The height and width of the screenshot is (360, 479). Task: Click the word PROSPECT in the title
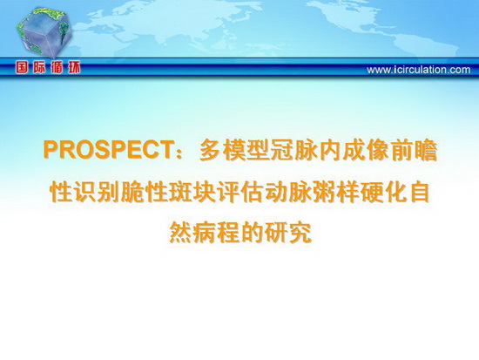point(106,150)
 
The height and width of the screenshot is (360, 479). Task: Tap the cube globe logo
point(44,31)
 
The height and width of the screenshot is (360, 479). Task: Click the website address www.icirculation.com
point(419,70)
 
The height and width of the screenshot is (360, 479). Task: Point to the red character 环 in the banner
point(74,68)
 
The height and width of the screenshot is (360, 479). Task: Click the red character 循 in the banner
point(57,68)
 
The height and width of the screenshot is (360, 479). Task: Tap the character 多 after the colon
point(211,150)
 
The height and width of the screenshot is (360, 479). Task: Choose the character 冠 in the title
point(282,150)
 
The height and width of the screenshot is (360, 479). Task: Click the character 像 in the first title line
point(378,150)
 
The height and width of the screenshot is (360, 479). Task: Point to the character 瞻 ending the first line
point(426,150)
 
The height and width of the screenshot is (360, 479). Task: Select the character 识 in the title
point(84,192)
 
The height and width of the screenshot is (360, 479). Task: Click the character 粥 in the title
point(323,192)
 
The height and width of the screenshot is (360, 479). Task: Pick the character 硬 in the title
point(371,192)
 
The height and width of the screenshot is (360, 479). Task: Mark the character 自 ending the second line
point(419,192)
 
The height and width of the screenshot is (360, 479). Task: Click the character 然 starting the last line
point(180,234)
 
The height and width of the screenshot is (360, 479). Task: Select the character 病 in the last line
point(204,234)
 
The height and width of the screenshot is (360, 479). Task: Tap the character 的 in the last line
point(252,234)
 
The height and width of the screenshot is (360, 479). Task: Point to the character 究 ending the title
point(300,234)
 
